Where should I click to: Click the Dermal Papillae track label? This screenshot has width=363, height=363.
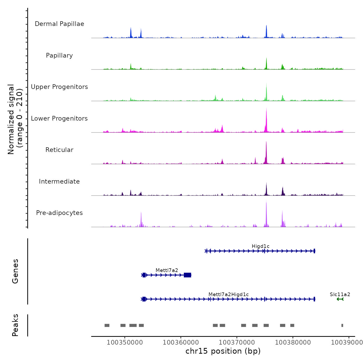click(59, 24)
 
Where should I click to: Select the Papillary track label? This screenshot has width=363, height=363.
click(59, 55)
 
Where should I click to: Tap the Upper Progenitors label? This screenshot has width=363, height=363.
click(59, 87)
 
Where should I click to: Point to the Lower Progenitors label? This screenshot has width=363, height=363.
click(59, 118)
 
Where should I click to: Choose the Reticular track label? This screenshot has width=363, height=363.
click(59, 150)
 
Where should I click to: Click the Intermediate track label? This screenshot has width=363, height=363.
click(59, 181)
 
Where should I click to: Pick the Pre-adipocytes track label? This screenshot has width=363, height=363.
click(59, 213)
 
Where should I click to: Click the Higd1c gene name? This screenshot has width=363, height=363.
click(261, 246)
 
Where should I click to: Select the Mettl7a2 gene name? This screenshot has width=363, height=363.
click(167, 270)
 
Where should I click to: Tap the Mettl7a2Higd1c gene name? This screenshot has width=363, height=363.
click(228, 295)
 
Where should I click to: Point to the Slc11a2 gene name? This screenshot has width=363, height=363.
click(340, 295)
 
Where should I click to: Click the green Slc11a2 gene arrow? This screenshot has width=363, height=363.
click(340, 299)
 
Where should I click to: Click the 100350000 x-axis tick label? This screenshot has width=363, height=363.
click(125, 342)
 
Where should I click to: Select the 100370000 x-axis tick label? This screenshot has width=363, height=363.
click(237, 342)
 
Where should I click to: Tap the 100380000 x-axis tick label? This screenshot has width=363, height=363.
click(293, 342)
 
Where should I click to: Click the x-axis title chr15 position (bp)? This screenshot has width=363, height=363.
click(223, 351)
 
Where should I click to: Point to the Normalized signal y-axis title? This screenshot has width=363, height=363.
click(15, 119)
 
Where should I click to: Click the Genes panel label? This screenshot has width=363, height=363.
click(15, 271)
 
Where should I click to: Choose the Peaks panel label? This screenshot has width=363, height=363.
click(15, 325)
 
